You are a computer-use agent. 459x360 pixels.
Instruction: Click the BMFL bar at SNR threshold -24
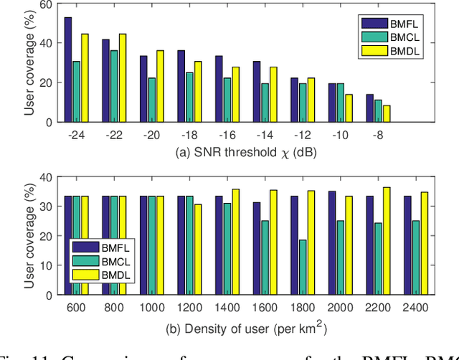[67, 70]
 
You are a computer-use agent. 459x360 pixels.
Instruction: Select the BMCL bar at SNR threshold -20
[151, 100]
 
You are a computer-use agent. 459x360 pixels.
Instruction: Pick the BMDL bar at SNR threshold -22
[123, 77]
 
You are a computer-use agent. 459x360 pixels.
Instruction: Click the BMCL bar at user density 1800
[303, 267]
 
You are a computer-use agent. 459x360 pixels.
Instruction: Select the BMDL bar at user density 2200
[387, 241]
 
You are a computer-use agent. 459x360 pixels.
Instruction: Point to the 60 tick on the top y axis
[44, 5]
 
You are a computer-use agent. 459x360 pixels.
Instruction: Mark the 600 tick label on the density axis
[76, 308]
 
